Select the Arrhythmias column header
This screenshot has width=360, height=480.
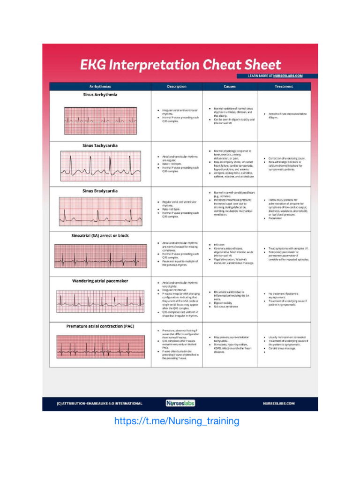coord(100,86)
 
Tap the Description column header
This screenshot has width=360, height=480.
coord(177,86)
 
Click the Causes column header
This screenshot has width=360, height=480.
coord(230,86)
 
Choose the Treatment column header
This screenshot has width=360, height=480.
coord(284,86)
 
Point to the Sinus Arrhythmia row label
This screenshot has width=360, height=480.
coord(100,95)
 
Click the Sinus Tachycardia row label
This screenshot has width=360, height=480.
coord(100,146)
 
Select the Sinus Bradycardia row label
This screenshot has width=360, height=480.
coord(100,191)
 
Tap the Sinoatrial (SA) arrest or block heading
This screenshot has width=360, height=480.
coord(100,236)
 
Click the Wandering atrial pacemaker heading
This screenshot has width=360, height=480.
coord(100,281)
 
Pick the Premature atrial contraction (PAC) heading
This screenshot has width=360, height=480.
coord(100,326)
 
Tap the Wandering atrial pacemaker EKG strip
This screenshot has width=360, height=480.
coord(100,300)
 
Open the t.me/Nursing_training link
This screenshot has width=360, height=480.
coord(177,421)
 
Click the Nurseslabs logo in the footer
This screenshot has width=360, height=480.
coord(180,403)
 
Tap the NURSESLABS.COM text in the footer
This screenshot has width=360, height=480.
coord(278,403)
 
